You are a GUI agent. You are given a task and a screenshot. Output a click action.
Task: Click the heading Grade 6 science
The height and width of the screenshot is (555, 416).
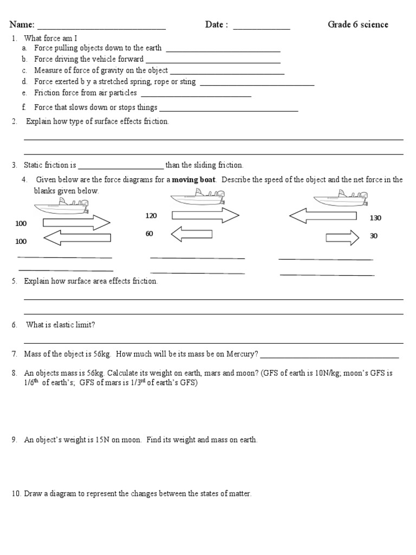click(357, 25)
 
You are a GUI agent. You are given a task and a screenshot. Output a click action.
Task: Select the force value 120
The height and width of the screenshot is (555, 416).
click(151, 216)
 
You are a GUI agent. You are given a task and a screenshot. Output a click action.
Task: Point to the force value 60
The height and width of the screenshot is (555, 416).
click(149, 234)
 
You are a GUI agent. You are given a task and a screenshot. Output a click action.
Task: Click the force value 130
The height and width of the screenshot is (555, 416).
click(375, 218)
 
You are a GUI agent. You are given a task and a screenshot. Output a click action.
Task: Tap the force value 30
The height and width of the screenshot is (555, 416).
click(374, 236)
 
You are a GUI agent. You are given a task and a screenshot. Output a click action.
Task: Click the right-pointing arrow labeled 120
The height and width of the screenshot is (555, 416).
click(205, 216)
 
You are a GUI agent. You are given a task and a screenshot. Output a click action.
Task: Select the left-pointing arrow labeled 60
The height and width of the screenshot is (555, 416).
click(191, 234)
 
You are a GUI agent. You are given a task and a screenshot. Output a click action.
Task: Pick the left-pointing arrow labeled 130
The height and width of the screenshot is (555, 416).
click(323, 216)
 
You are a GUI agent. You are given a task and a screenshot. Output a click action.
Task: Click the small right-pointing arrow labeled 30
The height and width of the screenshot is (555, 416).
click(342, 237)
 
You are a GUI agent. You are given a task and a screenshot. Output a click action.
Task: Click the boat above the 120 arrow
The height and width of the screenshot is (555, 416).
click(198, 197)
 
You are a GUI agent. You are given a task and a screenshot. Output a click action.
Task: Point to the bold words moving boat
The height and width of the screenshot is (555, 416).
click(194, 180)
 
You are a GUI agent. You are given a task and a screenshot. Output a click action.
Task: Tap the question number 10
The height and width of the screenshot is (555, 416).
click(16, 494)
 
